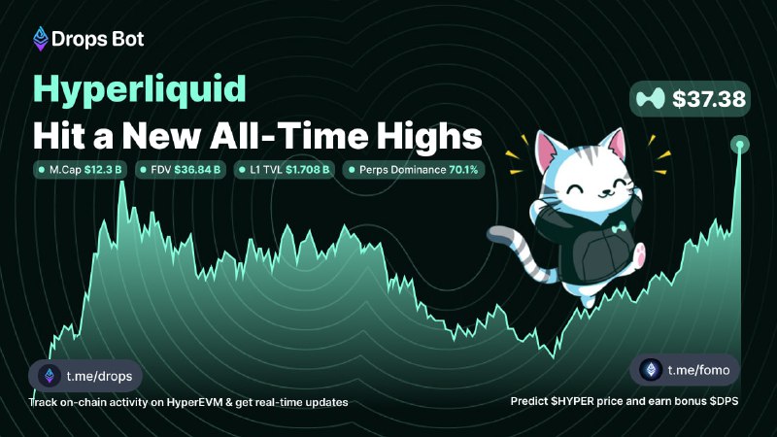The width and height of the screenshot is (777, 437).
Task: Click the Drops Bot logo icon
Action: point(41,39)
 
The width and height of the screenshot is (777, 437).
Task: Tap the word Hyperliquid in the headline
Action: point(140,89)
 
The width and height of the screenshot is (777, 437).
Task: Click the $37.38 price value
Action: point(709,99)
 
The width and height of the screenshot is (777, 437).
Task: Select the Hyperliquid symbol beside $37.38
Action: point(650,99)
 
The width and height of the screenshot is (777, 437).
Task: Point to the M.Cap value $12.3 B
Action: point(103,170)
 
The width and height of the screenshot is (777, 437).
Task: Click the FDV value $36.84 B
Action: point(197,170)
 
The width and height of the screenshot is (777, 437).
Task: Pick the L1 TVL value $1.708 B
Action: point(307,170)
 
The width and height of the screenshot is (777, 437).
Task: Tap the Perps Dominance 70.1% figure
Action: point(463,170)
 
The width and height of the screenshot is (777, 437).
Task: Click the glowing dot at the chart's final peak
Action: point(740,145)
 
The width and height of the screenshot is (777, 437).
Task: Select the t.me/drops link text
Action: point(100,376)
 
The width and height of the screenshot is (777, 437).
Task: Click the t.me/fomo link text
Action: point(698,370)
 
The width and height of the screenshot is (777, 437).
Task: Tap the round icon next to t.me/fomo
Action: point(651,370)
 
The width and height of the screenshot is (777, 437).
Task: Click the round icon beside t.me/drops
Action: point(50,376)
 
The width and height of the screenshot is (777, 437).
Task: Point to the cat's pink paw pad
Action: point(640,252)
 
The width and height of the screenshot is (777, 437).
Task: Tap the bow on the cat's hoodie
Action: point(618,228)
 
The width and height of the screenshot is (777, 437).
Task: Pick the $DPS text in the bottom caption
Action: point(724,401)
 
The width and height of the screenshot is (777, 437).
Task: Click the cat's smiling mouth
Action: point(603,194)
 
